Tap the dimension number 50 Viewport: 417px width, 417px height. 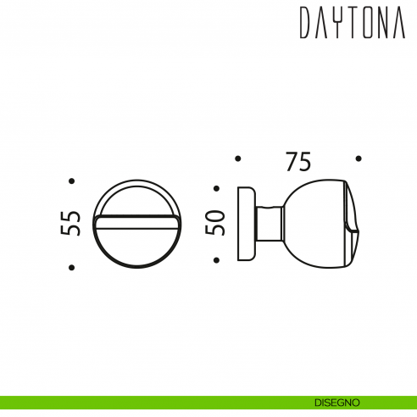[x=217, y=224]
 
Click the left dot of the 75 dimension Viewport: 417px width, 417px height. [x=238, y=158]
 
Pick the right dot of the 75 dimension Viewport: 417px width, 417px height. [x=359, y=158]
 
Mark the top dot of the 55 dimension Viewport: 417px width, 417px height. [x=73, y=181]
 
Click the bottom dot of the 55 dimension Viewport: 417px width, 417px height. [x=73, y=268]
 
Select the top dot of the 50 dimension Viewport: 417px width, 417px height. [x=217, y=189]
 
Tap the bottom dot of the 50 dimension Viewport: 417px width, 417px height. [x=217, y=259]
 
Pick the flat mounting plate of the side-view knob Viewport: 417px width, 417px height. [x=245, y=224]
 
